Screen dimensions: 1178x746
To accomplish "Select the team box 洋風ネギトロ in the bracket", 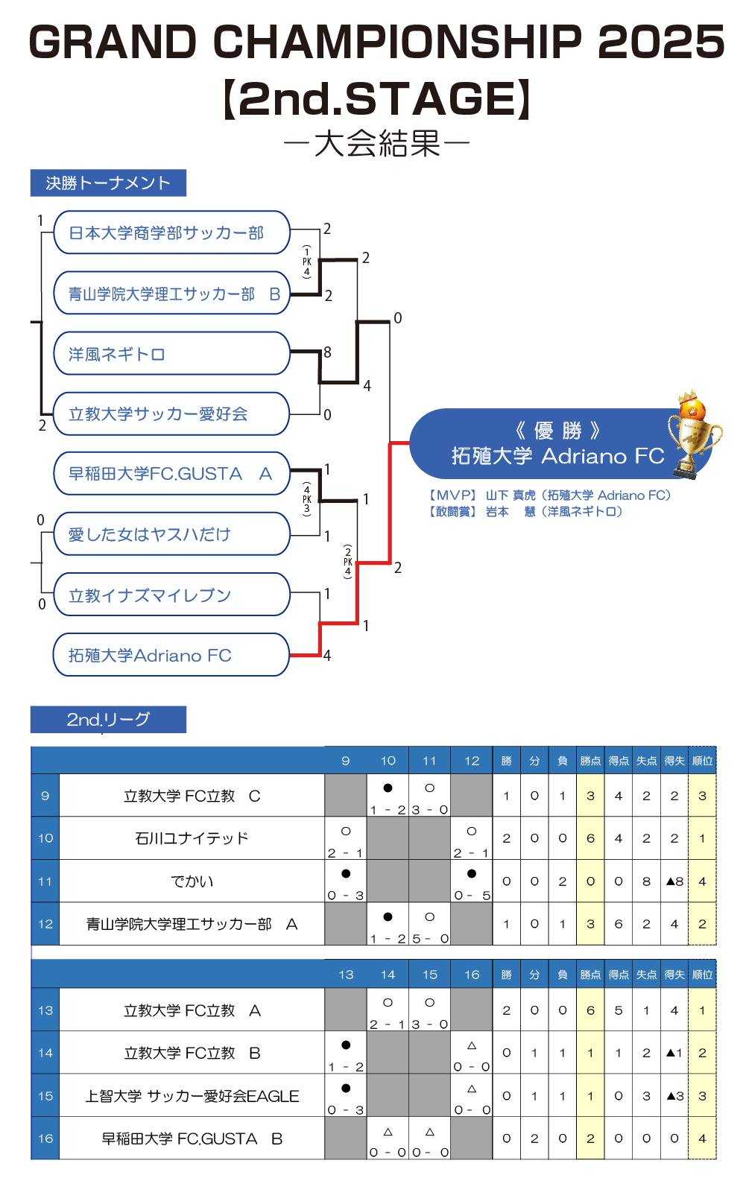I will pyautogui.click(x=171, y=354).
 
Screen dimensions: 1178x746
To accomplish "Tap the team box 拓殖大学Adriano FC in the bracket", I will pyautogui.click(x=171, y=655).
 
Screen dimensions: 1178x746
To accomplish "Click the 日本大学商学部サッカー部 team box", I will pyautogui.click(x=171, y=233).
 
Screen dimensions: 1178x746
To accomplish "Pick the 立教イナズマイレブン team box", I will pyautogui.click(x=171, y=595).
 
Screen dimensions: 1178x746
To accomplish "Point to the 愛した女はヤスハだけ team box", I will pyautogui.click(x=171, y=534).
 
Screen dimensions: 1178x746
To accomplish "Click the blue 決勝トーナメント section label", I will pyautogui.click(x=108, y=183).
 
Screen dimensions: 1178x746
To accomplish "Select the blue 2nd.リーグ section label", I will pyautogui.click(x=108, y=720).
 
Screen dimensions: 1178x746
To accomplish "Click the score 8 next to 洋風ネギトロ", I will pyautogui.click(x=327, y=352).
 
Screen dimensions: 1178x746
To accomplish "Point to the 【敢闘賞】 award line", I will pyautogui.click(x=525, y=512).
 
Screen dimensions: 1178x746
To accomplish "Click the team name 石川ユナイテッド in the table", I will pyautogui.click(x=192, y=838).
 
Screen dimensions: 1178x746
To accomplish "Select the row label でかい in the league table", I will pyautogui.click(x=192, y=881).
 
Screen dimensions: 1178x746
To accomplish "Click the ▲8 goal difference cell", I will pyautogui.click(x=674, y=881).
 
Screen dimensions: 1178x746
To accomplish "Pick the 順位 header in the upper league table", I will pyautogui.click(x=702, y=761).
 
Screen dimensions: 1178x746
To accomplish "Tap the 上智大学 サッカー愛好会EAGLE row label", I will pyautogui.click(x=192, y=1096).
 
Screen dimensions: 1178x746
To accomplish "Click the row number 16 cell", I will pyautogui.click(x=45, y=1139).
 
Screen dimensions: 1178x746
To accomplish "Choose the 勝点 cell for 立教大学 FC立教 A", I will pyautogui.click(x=590, y=1010).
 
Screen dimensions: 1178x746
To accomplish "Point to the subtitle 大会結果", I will pyautogui.click(x=377, y=143).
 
